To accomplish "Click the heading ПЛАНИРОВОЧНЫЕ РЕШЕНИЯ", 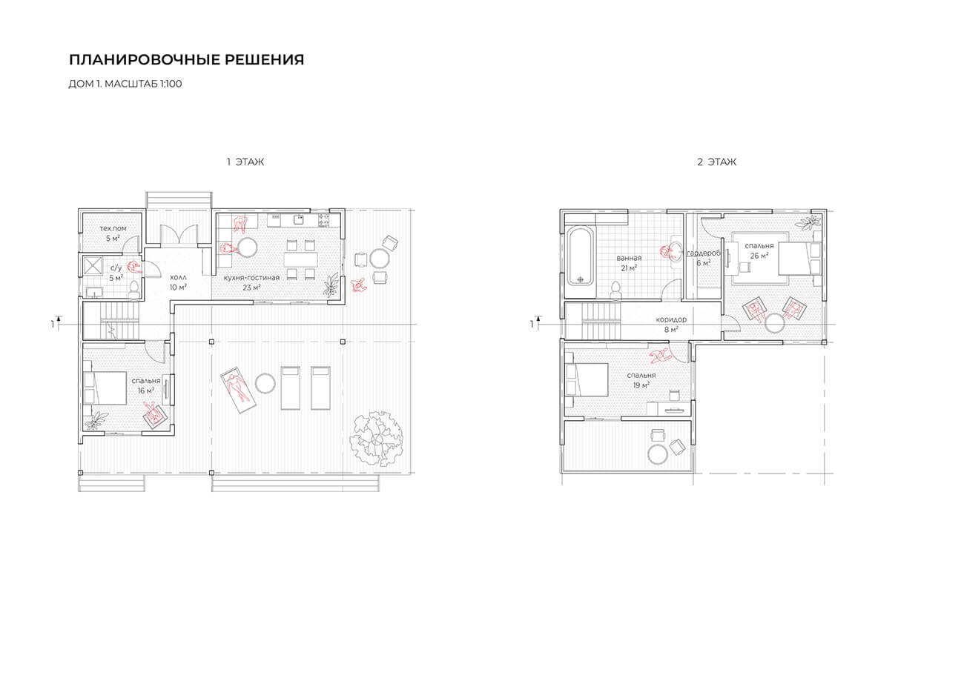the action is [x=186, y=60].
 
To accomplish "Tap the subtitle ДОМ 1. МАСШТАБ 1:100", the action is [x=125, y=84].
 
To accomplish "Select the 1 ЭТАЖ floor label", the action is [x=245, y=162].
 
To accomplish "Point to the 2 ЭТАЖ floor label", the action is [x=716, y=162].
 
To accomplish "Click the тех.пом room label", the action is [x=113, y=229].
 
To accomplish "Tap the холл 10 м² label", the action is [x=178, y=282].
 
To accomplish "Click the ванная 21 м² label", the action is [x=629, y=263].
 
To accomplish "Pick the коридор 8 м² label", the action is [x=671, y=325].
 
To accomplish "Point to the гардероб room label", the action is [x=704, y=253].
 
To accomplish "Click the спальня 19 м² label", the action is [x=641, y=380].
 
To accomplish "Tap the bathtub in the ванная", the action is [x=581, y=256].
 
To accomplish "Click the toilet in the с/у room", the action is [x=135, y=290].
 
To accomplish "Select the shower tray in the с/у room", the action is [x=93, y=265].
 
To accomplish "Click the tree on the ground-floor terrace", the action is [x=377, y=438].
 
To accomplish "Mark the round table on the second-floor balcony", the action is [x=657, y=454].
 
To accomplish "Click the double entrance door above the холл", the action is [x=179, y=235].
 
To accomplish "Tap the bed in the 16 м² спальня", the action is [x=105, y=388].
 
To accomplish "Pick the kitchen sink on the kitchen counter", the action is [x=299, y=219].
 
